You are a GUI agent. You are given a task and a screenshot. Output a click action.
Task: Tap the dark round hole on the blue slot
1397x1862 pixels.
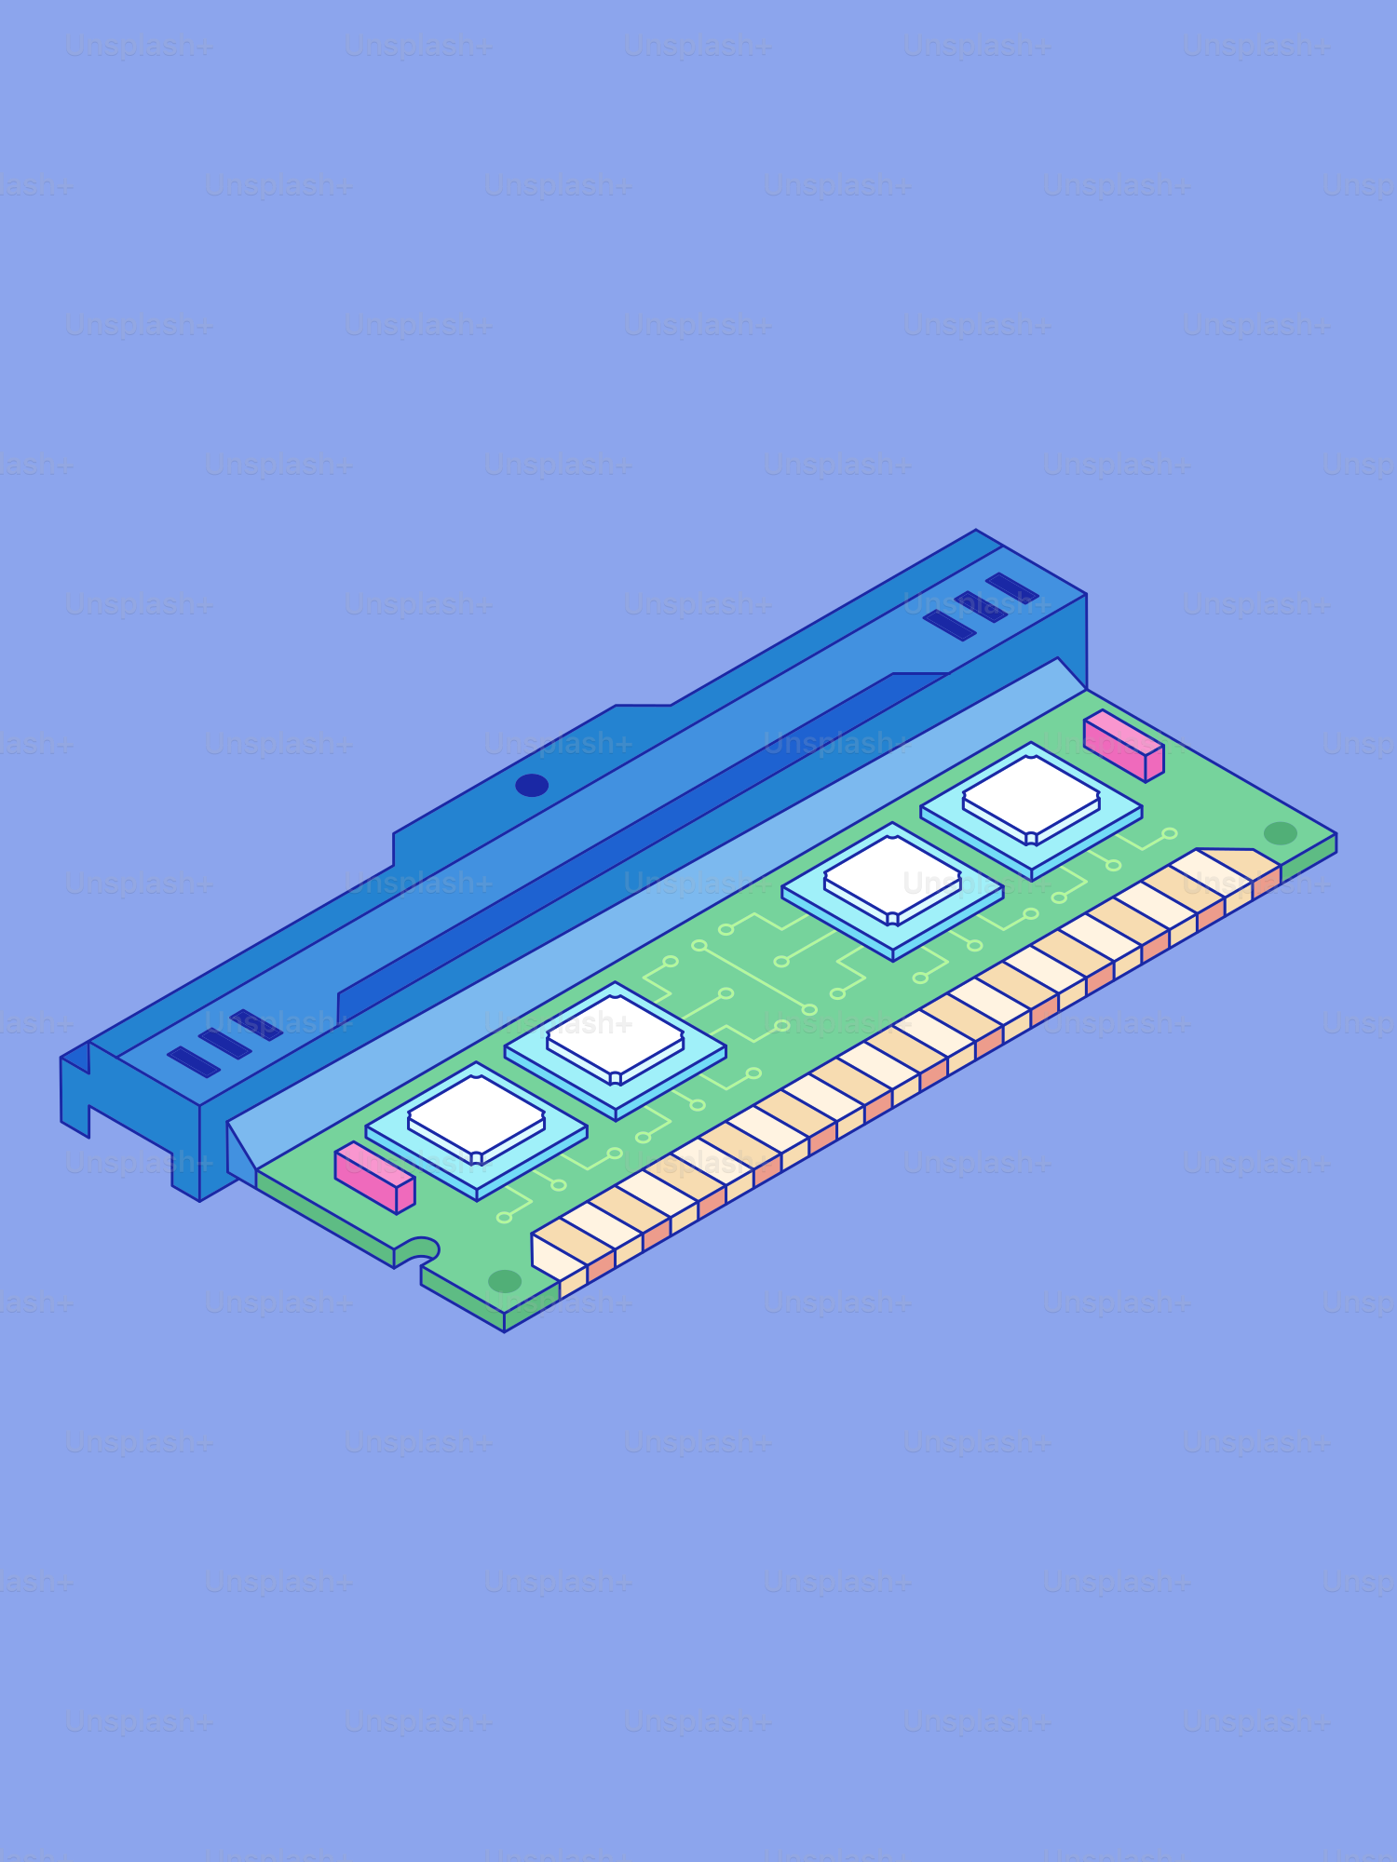pyautogui.click(x=532, y=785)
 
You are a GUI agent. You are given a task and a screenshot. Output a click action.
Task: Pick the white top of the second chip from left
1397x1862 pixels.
pyautogui.click(x=615, y=1034)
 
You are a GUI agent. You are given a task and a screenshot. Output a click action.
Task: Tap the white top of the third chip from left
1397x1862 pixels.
pyautogui.click(x=892, y=874)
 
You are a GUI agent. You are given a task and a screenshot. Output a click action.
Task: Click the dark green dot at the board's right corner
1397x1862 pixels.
pyautogui.click(x=1280, y=832)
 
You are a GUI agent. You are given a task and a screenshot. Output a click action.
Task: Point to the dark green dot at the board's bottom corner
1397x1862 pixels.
pyautogui.click(x=505, y=1281)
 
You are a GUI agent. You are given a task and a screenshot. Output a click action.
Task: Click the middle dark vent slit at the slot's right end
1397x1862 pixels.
pyautogui.click(x=981, y=607)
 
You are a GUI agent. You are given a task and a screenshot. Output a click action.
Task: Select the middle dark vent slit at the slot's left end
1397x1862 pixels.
pyautogui.click(x=224, y=1044)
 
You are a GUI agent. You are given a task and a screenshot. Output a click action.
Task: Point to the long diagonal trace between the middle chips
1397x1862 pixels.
pyautogui.click(x=754, y=978)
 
